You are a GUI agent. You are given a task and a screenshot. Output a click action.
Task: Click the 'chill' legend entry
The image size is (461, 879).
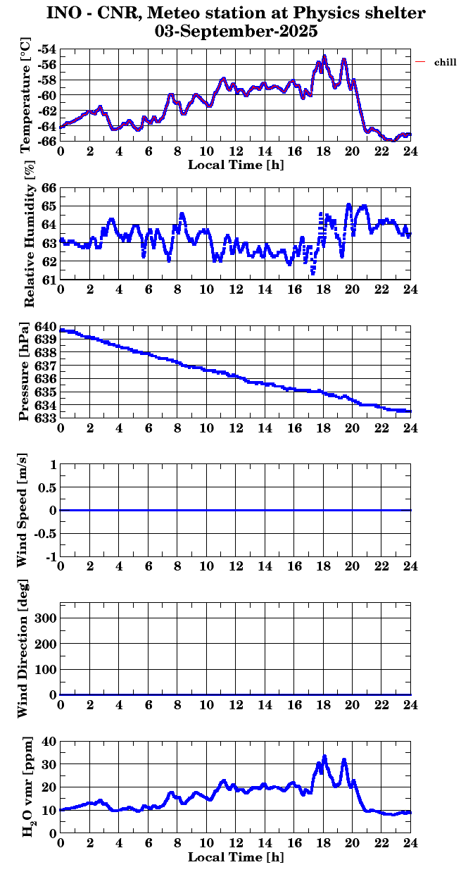pyautogui.click(x=446, y=63)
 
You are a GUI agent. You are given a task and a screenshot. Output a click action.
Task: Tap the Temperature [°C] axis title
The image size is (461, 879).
pyautogui.click(x=27, y=96)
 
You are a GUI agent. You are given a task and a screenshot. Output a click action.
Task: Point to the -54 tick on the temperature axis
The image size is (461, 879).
pyautogui.click(x=49, y=50)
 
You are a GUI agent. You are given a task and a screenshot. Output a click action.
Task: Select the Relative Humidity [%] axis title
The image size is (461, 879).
pyautogui.click(x=29, y=234)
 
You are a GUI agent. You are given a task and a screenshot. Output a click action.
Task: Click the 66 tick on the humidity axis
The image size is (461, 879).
pyautogui.click(x=50, y=188)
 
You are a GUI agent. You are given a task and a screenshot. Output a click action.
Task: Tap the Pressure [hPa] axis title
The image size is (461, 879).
pyautogui.click(x=26, y=372)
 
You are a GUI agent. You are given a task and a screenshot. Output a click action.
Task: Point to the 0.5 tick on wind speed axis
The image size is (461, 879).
pyautogui.click(x=46, y=487)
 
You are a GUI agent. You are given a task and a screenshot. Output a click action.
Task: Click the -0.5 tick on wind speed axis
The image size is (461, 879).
pyautogui.click(x=44, y=534)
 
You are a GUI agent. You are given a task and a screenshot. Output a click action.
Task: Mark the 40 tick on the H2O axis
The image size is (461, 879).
pyautogui.click(x=49, y=741)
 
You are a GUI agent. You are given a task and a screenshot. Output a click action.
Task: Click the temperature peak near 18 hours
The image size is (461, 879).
pyautogui.click(x=324, y=56)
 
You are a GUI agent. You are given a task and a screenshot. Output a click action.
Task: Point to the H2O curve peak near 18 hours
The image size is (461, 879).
pyautogui.click(x=324, y=756)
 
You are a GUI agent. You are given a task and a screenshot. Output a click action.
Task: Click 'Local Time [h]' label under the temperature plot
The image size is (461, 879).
pyautogui.click(x=236, y=165)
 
